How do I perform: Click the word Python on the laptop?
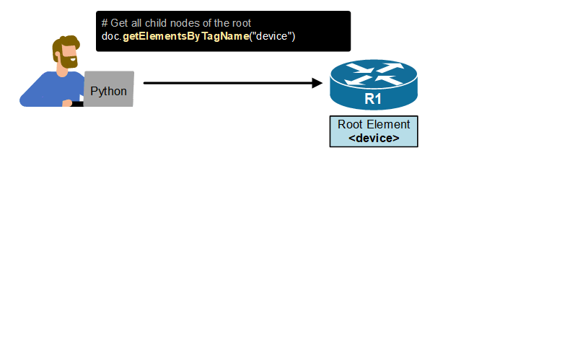click(109, 92)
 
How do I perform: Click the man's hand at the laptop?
click(68, 103)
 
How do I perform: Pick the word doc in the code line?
click(110, 36)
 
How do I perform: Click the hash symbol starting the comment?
click(105, 23)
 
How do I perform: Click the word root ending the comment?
click(240, 23)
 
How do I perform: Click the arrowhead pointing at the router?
click(317, 83)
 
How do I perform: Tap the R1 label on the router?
click(373, 99)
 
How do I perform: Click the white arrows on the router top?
click(373, 72)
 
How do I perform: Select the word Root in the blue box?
click(351, 124)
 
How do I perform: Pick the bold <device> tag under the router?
click(374, 138)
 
